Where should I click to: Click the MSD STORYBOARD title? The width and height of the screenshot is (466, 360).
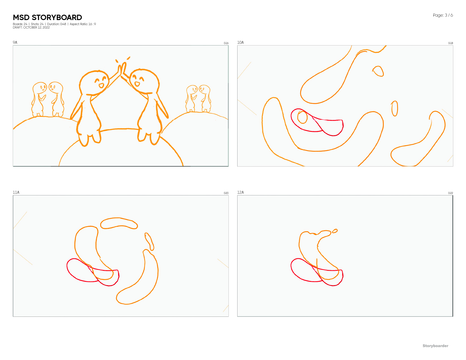[47, 18]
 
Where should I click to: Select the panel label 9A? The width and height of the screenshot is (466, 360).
[15, 42]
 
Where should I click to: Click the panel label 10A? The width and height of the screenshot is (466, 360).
[240, 42]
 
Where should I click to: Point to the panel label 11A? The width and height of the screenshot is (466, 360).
[16, 192]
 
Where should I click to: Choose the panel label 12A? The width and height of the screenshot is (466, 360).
[240, 192]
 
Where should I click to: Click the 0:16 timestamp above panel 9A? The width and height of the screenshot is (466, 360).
[226, 43]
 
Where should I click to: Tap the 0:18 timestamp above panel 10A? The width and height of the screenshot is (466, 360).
[450, 43]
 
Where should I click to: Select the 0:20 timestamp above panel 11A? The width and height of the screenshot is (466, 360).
[226, 193]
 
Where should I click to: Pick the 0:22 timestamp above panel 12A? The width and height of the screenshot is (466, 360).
[450, 193]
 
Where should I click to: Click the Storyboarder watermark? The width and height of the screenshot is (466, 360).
[435, 346]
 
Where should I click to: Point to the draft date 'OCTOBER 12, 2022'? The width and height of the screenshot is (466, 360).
[36, 27]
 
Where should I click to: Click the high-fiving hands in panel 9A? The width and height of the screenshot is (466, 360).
[122, 68]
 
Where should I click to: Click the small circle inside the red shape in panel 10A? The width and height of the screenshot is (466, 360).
[302, 117]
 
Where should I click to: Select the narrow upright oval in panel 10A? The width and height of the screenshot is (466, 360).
[394, 108]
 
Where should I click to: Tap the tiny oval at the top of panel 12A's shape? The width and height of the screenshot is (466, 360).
[335, 231]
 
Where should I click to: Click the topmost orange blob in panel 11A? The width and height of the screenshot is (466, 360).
[119, 223]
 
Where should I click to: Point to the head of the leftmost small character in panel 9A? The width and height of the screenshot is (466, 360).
[40, 88]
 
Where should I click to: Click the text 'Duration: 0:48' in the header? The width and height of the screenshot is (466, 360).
[56, 24]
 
